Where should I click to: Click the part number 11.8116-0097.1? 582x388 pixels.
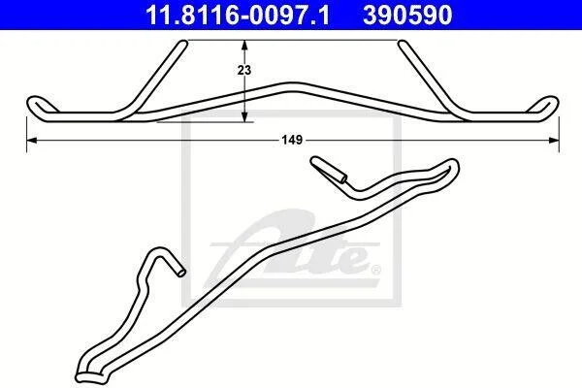238,16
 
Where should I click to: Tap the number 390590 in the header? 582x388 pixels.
407,16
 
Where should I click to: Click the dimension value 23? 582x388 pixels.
244,70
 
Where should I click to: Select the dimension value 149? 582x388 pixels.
292,140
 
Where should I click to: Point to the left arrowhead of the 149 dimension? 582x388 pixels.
32,140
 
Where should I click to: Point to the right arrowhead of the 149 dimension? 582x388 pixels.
554,140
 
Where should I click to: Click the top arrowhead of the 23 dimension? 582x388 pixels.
244,45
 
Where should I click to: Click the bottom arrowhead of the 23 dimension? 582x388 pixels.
244,116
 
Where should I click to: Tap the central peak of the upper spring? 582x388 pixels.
293,87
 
